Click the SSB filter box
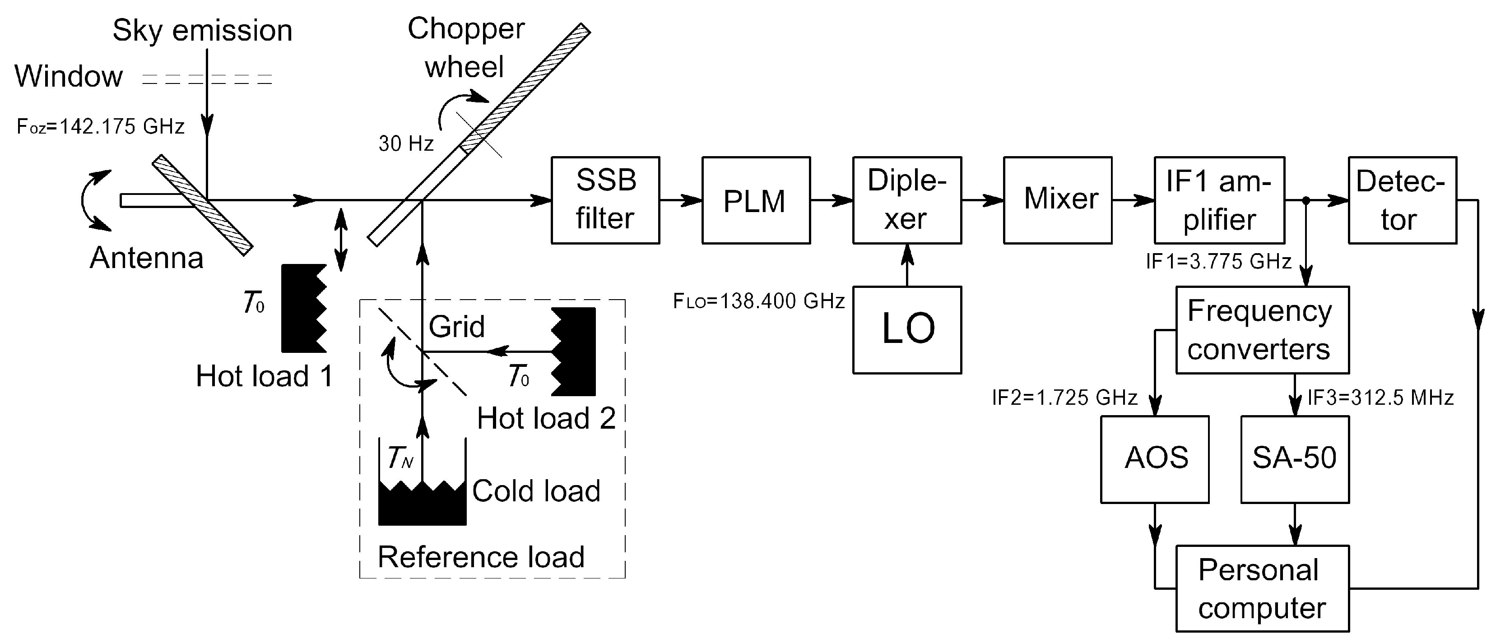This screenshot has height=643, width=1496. (x=605, y=200)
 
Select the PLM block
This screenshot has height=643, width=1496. (x=756, y=200)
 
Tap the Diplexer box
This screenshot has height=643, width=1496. (x=906, y=200)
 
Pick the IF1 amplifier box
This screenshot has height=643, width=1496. (x=1219, y=200)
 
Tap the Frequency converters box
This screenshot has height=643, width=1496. (x=1262, y=330)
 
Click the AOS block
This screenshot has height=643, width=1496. (x=1155, y=459)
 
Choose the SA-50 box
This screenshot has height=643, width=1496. (x=1295, y=459)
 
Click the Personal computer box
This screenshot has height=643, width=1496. (x=1262, y=588)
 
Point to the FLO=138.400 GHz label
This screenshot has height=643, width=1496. (x=758, y=301)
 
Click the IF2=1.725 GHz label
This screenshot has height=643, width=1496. (x=1064, y=398)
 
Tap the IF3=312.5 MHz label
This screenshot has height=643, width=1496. (x=1380, y=398)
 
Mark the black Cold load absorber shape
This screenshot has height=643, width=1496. (x=422, y=505)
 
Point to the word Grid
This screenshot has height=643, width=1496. (x=456, y=326)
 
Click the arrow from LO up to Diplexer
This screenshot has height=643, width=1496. (x=906, y=265)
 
